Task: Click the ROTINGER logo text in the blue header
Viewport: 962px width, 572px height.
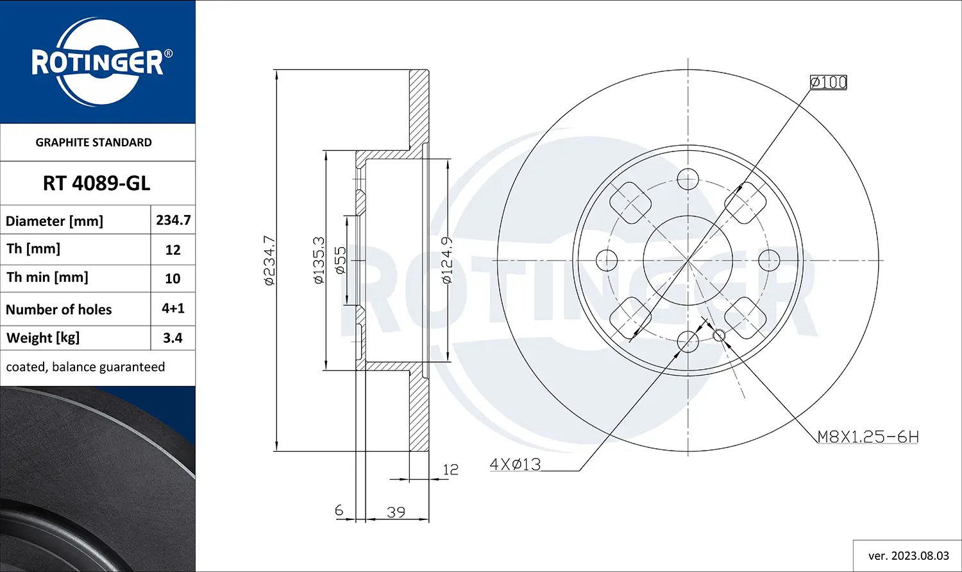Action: pyautogui.click(x=97, y=63)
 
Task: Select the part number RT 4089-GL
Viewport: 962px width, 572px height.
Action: pyautogui.click(x=97, y=184)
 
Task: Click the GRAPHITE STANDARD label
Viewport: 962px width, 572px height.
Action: pyautogui.click(x=94, y=143)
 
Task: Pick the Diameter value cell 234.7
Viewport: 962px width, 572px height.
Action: pyautogui.click(x=173, y=220)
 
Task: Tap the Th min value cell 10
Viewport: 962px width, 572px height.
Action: pyautogui.click(x=173, y=279)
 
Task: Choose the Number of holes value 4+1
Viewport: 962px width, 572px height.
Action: pyautogui.click(x=173, y=309)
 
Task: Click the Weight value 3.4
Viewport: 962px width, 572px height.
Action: pyautogui.click(x=173, y=338)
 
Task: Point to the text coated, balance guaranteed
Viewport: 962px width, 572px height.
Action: pyautogui.click(x=85, y=367)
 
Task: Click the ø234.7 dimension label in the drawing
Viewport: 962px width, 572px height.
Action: pyautogui.click(x=270, y=261)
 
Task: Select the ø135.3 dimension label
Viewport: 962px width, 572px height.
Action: pyautogui.click(x=319, y=261)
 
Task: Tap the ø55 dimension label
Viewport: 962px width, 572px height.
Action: pyautogui.click(x=341, y=261)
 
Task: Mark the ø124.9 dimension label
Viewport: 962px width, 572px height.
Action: pyautogui.click(x=447, y=261)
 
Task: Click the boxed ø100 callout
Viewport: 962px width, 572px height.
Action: pyautogui.click(x=828, y=82)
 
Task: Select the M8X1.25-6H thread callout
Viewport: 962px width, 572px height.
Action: pyautogui.click(x=868, y=437)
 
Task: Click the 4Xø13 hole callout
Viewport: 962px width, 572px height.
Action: pyautogui.click(x=515, y=464)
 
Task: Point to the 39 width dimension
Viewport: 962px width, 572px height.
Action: pyautogui.click(x=396, y=512)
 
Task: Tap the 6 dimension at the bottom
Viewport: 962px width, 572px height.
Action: pyautogui.click(x=339, y=510)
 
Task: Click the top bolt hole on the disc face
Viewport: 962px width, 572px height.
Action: pyautogui.click(x=688, y=179)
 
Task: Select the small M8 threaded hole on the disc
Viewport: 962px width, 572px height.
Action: pyautogui.click(x=719, y=335)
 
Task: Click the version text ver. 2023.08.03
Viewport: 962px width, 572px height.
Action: pyautogui.click(x=907, y=556)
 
